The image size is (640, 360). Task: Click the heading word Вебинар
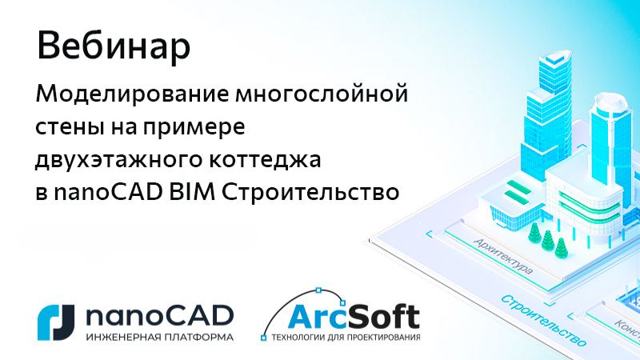coord(114,46)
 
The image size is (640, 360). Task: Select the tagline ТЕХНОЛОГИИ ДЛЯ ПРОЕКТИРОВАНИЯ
coord(346,338)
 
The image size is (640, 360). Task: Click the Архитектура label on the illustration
coord(502,255)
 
